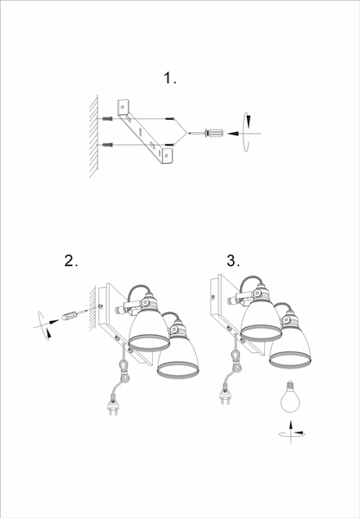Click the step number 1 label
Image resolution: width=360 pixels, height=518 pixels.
click(170, 79)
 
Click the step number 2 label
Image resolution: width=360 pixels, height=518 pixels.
click(71, 261)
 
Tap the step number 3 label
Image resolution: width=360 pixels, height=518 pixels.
click(233, 261)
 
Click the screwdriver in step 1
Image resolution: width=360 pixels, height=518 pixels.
click(205, 134)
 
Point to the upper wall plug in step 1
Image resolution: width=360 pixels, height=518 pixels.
click(108, 119)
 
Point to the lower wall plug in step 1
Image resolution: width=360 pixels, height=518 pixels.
click(108, 145)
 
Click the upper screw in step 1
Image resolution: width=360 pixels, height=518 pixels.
click(170, 119)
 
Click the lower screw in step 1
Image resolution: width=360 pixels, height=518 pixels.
click(169, 145)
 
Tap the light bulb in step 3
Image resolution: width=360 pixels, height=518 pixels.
click(290, 396)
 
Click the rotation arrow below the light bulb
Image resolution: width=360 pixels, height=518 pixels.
click(291, 433)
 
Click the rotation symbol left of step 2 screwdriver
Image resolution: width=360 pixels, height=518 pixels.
click(43, 325)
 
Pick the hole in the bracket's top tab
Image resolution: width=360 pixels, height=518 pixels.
click(123, 107)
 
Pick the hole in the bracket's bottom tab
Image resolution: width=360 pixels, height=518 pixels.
click(167, 155)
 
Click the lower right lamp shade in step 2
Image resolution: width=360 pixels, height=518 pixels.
click(178, 357)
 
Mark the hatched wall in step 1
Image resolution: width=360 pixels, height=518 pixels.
click(94, 136)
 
